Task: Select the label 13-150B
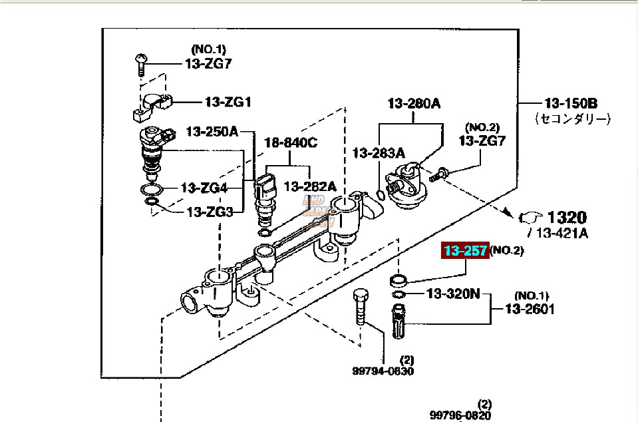[x=571, y=103]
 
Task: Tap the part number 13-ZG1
[x=228, y=103]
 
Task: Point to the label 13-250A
[x=212, y=131]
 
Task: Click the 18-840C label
[x=291, y=142]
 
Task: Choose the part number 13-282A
[x=310, y=186]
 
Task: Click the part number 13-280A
[x=414, y=103]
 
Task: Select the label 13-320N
[x=453, y=294]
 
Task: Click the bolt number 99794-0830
[x=383, y=371]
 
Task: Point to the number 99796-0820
[x=460, y=415]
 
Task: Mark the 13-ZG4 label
[x=204, y=188]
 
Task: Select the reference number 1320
[x=567, y=217]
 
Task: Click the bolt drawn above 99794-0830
[x=361, y=306]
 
